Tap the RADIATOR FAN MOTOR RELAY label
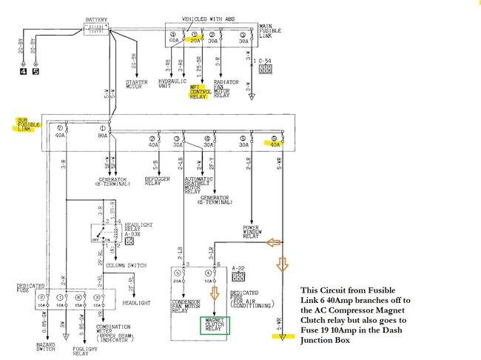tap(225, 87)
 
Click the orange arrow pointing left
tap(275, 241)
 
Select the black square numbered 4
tap(22, 71)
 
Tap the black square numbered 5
tap(35, 71)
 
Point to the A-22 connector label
tap(238, 267)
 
